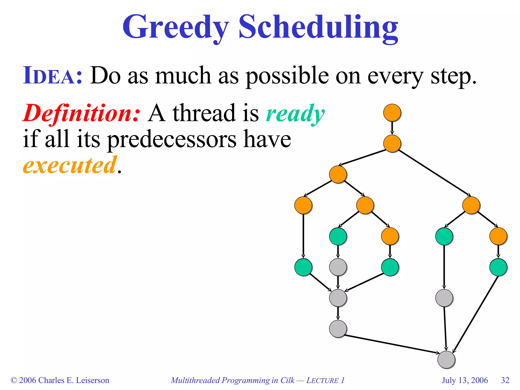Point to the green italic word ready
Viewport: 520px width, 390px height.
[x=295, y=114]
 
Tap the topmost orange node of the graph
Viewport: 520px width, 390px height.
[x=392, y=112]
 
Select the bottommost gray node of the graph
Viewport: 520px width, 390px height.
[x=446, y=360]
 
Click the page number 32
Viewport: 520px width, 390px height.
[x=505, y=380]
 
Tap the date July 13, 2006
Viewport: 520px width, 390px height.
[x=465, y=380]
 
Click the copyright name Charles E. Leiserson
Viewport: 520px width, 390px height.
[x=74, y=380]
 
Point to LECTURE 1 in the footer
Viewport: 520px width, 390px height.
[x=325, y=380]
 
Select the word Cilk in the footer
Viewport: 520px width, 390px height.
[x=287, y=380]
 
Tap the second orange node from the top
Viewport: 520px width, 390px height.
[x=392, y=143]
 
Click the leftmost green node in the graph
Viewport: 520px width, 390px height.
[x=303, y=267]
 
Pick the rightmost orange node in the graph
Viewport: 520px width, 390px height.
[x=498, y=236]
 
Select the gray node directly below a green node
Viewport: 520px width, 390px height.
[x=338, y=267]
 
